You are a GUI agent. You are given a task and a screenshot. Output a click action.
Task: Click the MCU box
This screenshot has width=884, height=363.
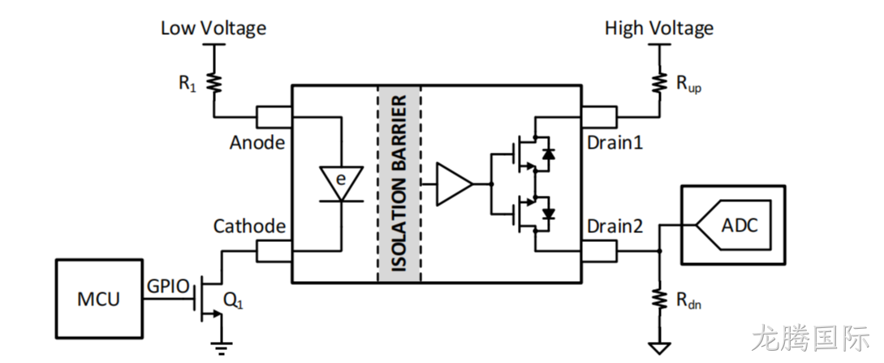coord(99,299)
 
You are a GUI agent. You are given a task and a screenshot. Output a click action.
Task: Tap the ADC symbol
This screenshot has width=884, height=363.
coord(733,225)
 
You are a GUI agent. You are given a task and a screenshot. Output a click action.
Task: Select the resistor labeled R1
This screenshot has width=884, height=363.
coord(215,84)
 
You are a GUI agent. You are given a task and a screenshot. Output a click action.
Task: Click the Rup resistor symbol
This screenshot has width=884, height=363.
coord(659,84)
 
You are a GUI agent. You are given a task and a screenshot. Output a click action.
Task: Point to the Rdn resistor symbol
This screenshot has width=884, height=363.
coord(659,299)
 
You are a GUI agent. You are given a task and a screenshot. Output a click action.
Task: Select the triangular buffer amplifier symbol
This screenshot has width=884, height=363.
coord(455,184)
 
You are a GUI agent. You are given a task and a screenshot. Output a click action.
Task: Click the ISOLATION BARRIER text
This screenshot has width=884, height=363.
coord(399,184)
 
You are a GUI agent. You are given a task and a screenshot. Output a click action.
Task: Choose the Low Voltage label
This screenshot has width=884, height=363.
coord(213,28)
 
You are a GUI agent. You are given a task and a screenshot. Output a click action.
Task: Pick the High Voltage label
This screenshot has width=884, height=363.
coord(659,28)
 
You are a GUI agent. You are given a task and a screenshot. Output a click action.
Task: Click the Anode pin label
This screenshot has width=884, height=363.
coord(257,143)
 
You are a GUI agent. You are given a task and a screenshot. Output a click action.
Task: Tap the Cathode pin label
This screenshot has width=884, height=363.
coord(249,226)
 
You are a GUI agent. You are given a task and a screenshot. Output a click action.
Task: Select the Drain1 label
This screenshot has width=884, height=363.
coord(615,143)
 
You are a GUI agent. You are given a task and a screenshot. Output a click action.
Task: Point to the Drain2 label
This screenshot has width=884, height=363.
coord(615,226)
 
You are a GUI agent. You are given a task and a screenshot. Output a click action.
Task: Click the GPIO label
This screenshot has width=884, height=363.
coord(168,286)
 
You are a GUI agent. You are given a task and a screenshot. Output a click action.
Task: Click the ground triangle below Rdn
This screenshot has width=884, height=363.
coord(659,348)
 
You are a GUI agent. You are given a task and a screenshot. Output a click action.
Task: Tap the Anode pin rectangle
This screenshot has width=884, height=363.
coord(274,117)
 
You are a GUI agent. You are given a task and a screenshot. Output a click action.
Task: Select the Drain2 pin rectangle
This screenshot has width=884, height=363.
coord(599,252)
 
